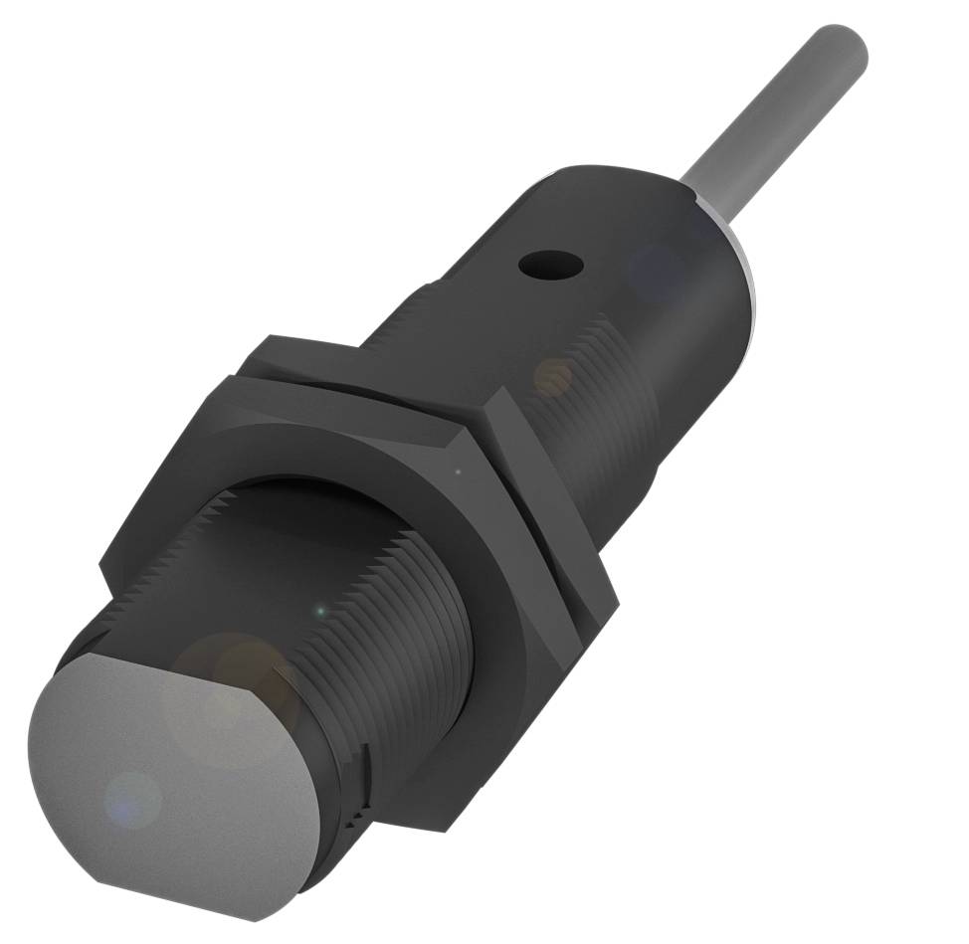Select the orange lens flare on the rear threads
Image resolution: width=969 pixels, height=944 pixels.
click(x=553, y=376)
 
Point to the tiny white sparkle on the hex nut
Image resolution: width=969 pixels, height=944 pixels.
click(x=458, y=472)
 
